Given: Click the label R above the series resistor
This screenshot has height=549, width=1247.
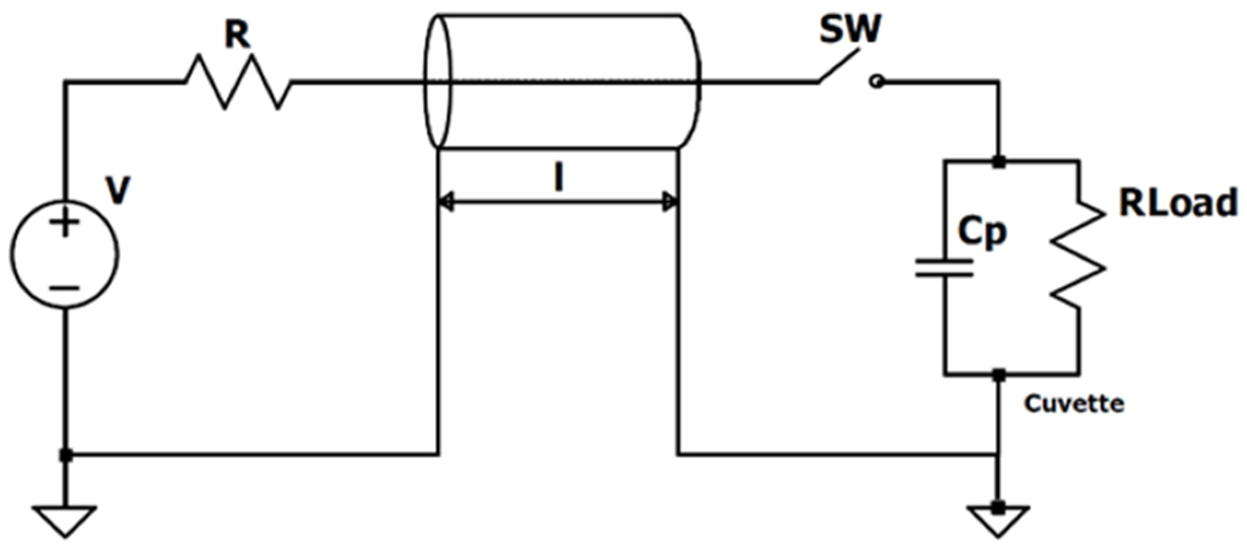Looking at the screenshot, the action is click(237, 36).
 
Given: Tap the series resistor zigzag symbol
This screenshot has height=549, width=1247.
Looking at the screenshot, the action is click(238, 82).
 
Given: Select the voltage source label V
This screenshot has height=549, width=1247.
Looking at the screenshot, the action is click(118, 190).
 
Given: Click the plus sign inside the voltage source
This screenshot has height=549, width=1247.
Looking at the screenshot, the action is click(66, 223).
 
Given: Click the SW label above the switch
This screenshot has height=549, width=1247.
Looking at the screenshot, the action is click(850, 29).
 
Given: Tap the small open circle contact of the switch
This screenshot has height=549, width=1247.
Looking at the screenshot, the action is click(877, 83).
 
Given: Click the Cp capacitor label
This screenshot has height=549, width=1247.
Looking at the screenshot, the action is click(982, 232).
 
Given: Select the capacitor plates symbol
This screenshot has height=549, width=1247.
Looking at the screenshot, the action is click(945, 268).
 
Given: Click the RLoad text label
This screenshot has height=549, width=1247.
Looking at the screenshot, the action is click(1178, 203).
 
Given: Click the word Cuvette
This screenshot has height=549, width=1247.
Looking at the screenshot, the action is click(1074, 404).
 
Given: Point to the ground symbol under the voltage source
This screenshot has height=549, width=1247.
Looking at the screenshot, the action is click(65, 519).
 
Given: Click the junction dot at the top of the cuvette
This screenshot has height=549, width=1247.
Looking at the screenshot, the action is click(999, 162).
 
